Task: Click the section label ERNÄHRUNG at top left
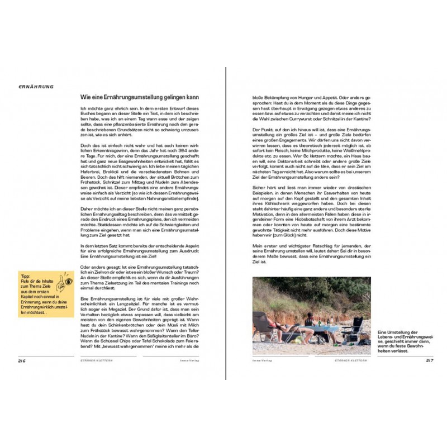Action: click(35, 87)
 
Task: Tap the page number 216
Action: click(22, 361)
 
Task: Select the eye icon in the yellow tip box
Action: click(68, 283)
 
